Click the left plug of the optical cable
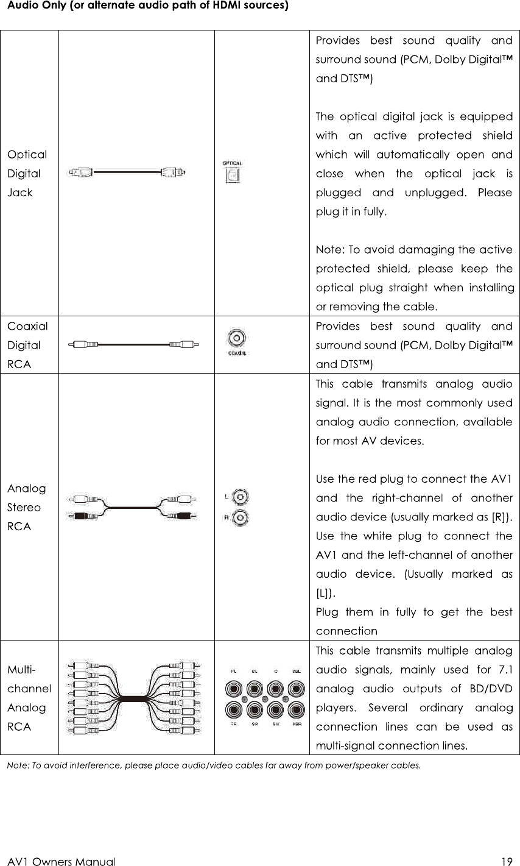click(80, 172)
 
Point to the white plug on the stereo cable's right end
click(183, 499)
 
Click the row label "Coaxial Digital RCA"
click(27, 345)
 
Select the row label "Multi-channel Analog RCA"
click(29, 698)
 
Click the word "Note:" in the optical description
click(330, 249)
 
